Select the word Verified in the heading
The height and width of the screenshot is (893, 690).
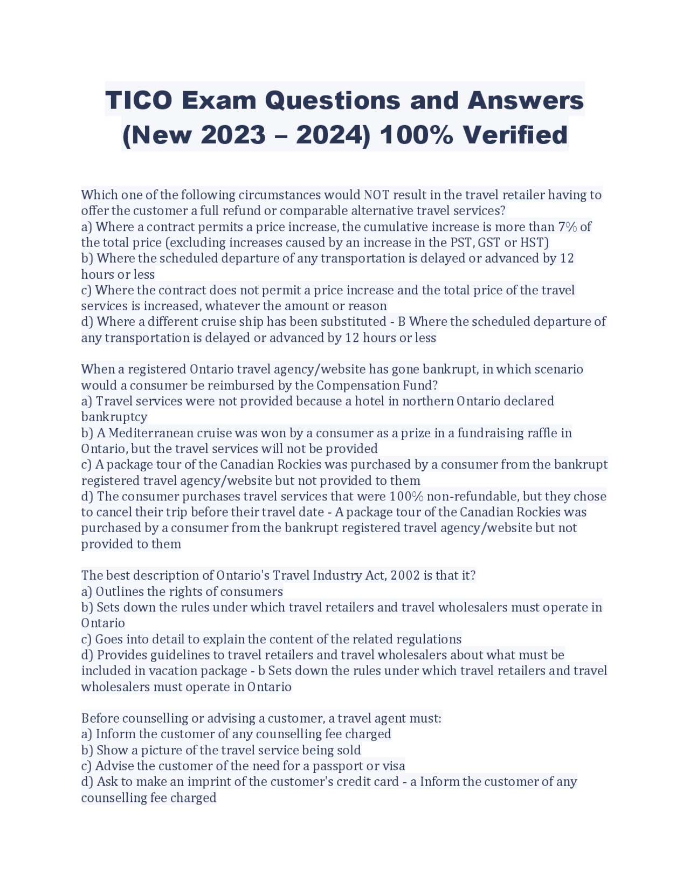pos(512,135)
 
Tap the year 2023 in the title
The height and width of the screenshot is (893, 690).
pos(233,135)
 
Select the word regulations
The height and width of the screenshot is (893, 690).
pos(429,639)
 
